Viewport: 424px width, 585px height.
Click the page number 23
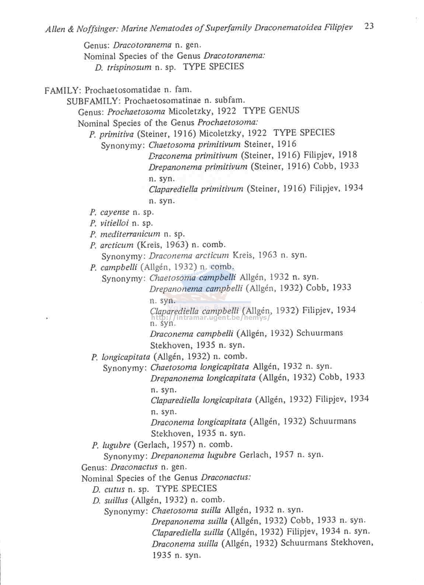point(369,26)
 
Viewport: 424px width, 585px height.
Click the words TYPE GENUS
point(271,111)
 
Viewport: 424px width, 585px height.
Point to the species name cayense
point(115,212)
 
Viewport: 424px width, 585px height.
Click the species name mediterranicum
point(130,234)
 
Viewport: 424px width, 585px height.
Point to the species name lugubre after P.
point(116,445)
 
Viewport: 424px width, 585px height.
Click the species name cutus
point(114,489)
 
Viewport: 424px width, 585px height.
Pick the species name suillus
point(116,501)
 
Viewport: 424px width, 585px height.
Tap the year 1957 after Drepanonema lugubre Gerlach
point(284,455)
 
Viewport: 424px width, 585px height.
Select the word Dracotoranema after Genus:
point(142,45)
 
